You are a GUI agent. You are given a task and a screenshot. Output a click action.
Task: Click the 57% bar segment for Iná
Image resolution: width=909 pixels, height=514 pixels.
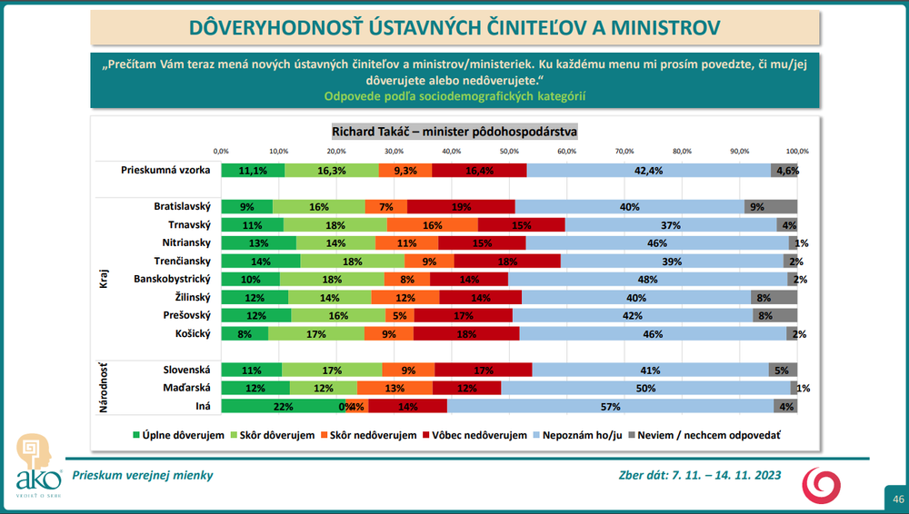click(x=610, y=406)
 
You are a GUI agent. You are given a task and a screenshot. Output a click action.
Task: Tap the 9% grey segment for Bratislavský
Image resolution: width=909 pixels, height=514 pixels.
click(x=770, y=206)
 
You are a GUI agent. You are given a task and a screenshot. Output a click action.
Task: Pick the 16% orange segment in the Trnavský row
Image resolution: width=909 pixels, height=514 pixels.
click(x=432, y=224)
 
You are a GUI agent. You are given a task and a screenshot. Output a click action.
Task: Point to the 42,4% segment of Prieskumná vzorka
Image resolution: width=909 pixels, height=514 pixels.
click(x=648, y=170)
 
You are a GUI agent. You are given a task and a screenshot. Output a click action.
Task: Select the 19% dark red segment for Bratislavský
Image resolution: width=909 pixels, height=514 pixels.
click(x=461, y=206)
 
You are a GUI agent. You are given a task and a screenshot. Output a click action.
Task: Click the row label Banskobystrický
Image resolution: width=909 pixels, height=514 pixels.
click(x=172, y=279)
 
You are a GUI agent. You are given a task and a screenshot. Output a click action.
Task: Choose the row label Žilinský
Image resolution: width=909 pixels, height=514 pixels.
click(x=191, y=297)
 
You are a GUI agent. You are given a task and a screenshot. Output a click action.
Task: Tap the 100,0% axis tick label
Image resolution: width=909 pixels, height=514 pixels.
click(x=797, y=151)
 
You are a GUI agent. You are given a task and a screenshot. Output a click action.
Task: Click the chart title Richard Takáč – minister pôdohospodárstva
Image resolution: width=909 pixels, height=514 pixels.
click(x=454, y=131)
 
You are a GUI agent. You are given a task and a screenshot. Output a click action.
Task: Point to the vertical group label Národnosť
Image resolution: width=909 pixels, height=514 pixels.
click(x=104, y=388)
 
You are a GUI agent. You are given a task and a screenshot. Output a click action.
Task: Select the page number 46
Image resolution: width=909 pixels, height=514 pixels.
click(x=898, y=499)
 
